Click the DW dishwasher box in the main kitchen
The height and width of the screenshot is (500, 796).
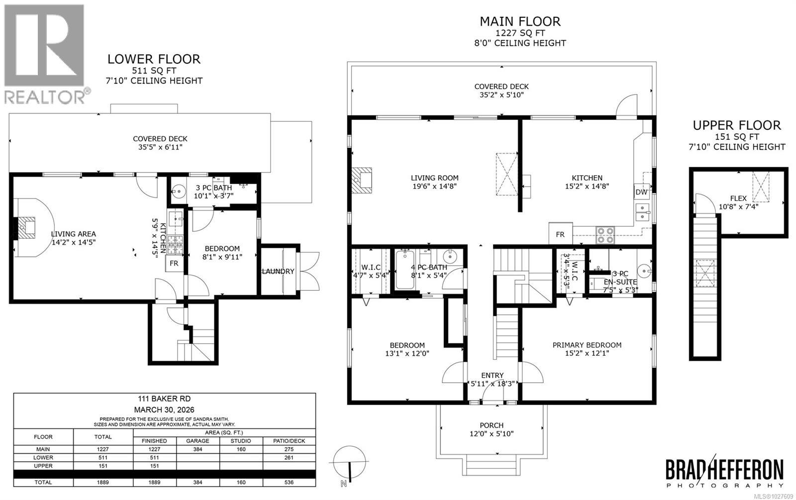(641, 192)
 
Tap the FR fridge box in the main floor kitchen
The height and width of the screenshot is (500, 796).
(560, 234)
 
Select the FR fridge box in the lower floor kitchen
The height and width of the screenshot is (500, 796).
(174, 264)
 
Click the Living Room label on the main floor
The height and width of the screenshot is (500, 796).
(434, 178)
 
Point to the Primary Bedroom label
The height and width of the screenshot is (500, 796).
(587, 345)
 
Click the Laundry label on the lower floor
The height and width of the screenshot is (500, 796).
(278, 271)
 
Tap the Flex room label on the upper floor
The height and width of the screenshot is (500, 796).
(738, 198)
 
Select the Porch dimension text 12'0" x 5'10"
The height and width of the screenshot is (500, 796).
(491, 433)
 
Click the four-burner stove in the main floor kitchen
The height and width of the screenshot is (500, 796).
(605, 234)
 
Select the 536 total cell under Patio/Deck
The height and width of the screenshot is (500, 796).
(289, 482)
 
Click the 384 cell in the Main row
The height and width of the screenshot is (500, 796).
(198, 449)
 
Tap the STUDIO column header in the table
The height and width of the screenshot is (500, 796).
(240, 441)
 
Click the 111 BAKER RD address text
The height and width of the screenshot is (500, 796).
(164, 399)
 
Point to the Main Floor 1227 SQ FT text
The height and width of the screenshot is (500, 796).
(519, 33)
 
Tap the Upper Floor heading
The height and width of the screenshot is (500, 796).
(737, 125)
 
